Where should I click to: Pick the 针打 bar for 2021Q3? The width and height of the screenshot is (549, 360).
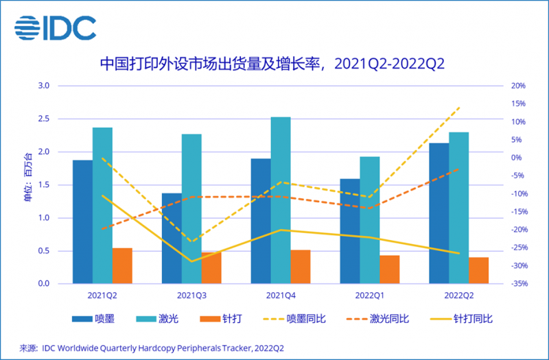pos(211,268)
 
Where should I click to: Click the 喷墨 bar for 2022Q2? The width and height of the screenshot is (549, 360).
pos(439,213)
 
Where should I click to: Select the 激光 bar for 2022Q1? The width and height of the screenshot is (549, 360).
pos(370,220)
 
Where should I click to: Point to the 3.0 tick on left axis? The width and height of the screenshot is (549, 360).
pos(43,86)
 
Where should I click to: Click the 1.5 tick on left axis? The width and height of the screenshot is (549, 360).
pos(43,185)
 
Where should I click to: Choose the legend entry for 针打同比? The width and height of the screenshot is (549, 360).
pos(460,319)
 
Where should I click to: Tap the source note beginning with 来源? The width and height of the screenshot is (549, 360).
pos(152,348)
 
